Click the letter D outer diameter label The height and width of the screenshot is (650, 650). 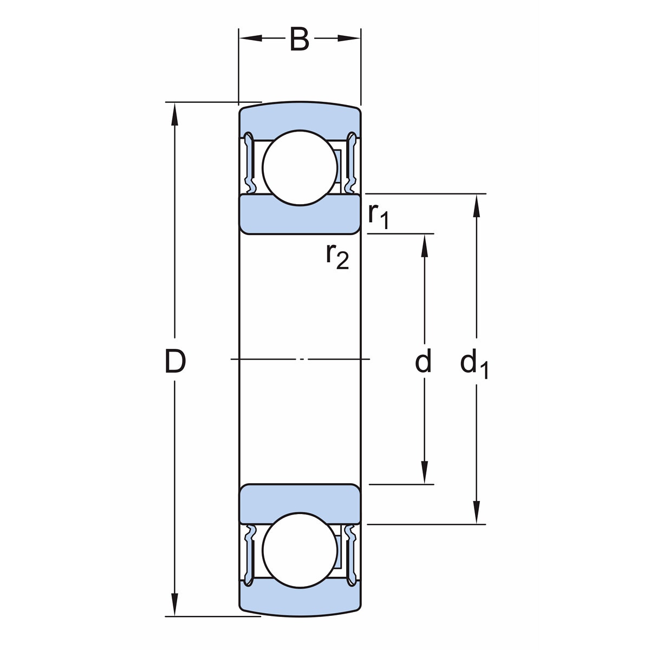(175, 362)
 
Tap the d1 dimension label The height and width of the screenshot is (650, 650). (474, 364)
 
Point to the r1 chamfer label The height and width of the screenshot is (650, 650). (378, 216)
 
